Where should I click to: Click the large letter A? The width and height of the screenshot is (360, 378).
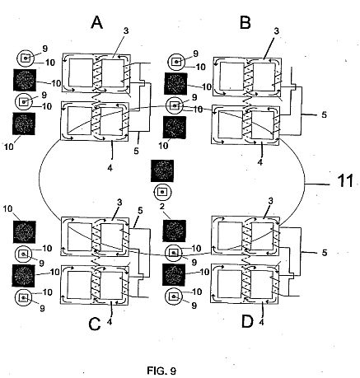pyautogui.click(x=96, y=22)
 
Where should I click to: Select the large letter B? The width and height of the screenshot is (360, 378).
pyautogui.click(x=245, y=22)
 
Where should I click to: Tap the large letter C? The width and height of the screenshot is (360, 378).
pyautogui.click(x=95, y=324)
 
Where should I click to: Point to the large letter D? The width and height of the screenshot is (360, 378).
pyautogui.click(x=247, y=321)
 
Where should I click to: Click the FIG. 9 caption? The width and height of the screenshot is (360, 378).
pyautogui.click(x=161, y=371)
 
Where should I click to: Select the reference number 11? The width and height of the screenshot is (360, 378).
pyautogui.click(x=345, y=181)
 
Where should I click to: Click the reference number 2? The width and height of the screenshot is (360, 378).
pyautogui.click(x=162, y=207)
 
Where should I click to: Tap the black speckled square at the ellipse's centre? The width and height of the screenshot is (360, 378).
pyautogui.click(x=162, y=170)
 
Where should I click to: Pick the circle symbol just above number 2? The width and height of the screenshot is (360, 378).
pyautogui.click(x=162, y=191)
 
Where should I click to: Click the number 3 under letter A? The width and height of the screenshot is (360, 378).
pyautogui.click(x=126, y=30)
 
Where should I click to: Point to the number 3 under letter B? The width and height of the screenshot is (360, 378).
pyautogui.click(x=276, y=31)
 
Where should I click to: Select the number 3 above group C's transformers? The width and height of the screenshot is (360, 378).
pyautogui.click(x=119, y=203)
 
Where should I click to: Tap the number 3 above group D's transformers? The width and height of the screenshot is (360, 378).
pyautogui.click(x=270, y=201)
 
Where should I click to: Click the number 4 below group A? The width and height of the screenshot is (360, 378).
pyautogui.click(x=110, y=168)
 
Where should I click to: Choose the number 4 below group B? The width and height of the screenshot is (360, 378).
pyautogui.click(x=259, y=162)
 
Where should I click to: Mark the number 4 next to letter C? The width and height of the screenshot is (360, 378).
pyautogui.click(x=110, y=322)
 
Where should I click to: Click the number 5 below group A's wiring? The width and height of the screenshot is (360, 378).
pyautogui.click(x=137, y=151)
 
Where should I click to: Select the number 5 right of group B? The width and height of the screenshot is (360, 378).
pyautogui.click(x=325, y=114)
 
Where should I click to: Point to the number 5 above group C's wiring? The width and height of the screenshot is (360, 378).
pyautogui.click(x=140, y=211)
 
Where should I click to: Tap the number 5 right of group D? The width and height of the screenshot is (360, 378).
pyautogui.click(x=325, y=253)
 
